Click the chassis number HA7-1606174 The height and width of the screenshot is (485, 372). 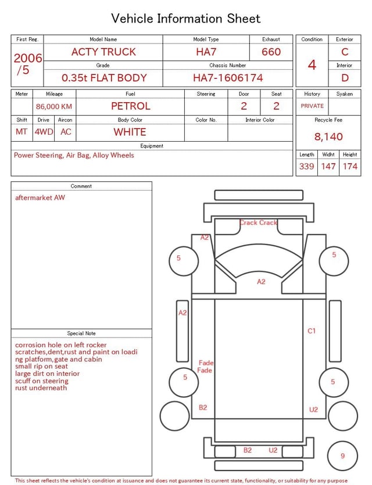[x=228, y=78]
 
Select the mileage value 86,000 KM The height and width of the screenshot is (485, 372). [x=54, y=107]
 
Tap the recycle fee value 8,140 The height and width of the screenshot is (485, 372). [x=328, y=136]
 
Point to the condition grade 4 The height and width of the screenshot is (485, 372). [x=312, y=65]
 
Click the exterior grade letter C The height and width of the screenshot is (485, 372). [x=345, y=52]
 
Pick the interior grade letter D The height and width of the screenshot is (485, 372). [x=345, y=78]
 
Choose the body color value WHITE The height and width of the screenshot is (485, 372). [x=130, y=132]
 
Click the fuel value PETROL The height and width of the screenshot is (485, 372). [x=131, y=106]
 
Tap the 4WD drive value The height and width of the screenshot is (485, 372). [x=44, y=132]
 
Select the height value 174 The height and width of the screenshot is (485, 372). [x=350, y=167]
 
